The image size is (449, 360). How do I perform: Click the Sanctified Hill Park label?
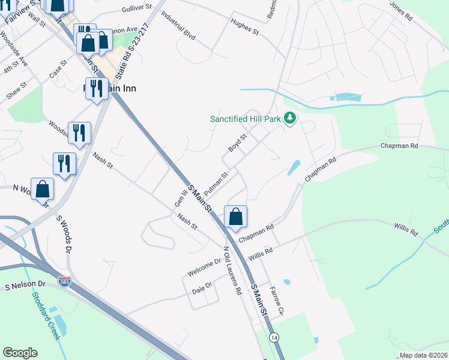click(245, 119)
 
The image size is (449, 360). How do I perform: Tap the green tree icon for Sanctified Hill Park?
click(291, 118)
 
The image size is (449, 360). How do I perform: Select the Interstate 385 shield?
click(64, 281)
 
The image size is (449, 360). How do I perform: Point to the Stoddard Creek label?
click(48, 316)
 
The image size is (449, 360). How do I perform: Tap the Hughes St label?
click(244, 27)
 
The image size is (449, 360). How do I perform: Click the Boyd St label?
click(238, 143)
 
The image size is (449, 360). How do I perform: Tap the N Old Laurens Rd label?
click(232, 269)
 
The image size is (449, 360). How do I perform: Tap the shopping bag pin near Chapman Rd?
click(236, 217)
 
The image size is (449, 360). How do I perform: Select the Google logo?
click(20, 353)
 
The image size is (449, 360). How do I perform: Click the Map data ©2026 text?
click(423, 355)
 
